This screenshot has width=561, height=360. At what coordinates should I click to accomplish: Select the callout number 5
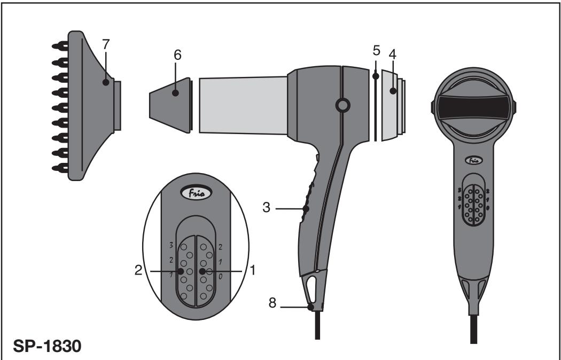[376, 51]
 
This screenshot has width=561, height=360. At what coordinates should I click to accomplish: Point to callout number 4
[393, 55]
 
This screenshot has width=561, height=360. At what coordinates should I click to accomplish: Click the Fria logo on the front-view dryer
[472, 160]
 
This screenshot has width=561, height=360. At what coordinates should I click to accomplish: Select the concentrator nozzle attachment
[170, 103]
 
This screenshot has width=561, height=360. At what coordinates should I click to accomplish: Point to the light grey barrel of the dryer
[243, 104]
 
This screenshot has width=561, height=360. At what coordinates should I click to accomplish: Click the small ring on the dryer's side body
[340, 106]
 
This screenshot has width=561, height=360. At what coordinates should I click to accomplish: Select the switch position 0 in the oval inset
[221, 276]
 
